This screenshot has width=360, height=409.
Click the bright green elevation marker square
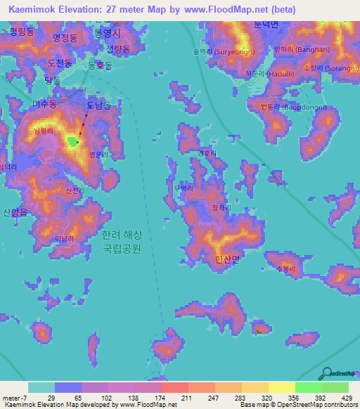(73, 142)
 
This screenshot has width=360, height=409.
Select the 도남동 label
(98, 105)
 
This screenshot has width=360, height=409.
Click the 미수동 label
(44, 103)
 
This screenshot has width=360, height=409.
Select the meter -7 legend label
(15, 398)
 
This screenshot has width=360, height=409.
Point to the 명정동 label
(65, 39)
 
